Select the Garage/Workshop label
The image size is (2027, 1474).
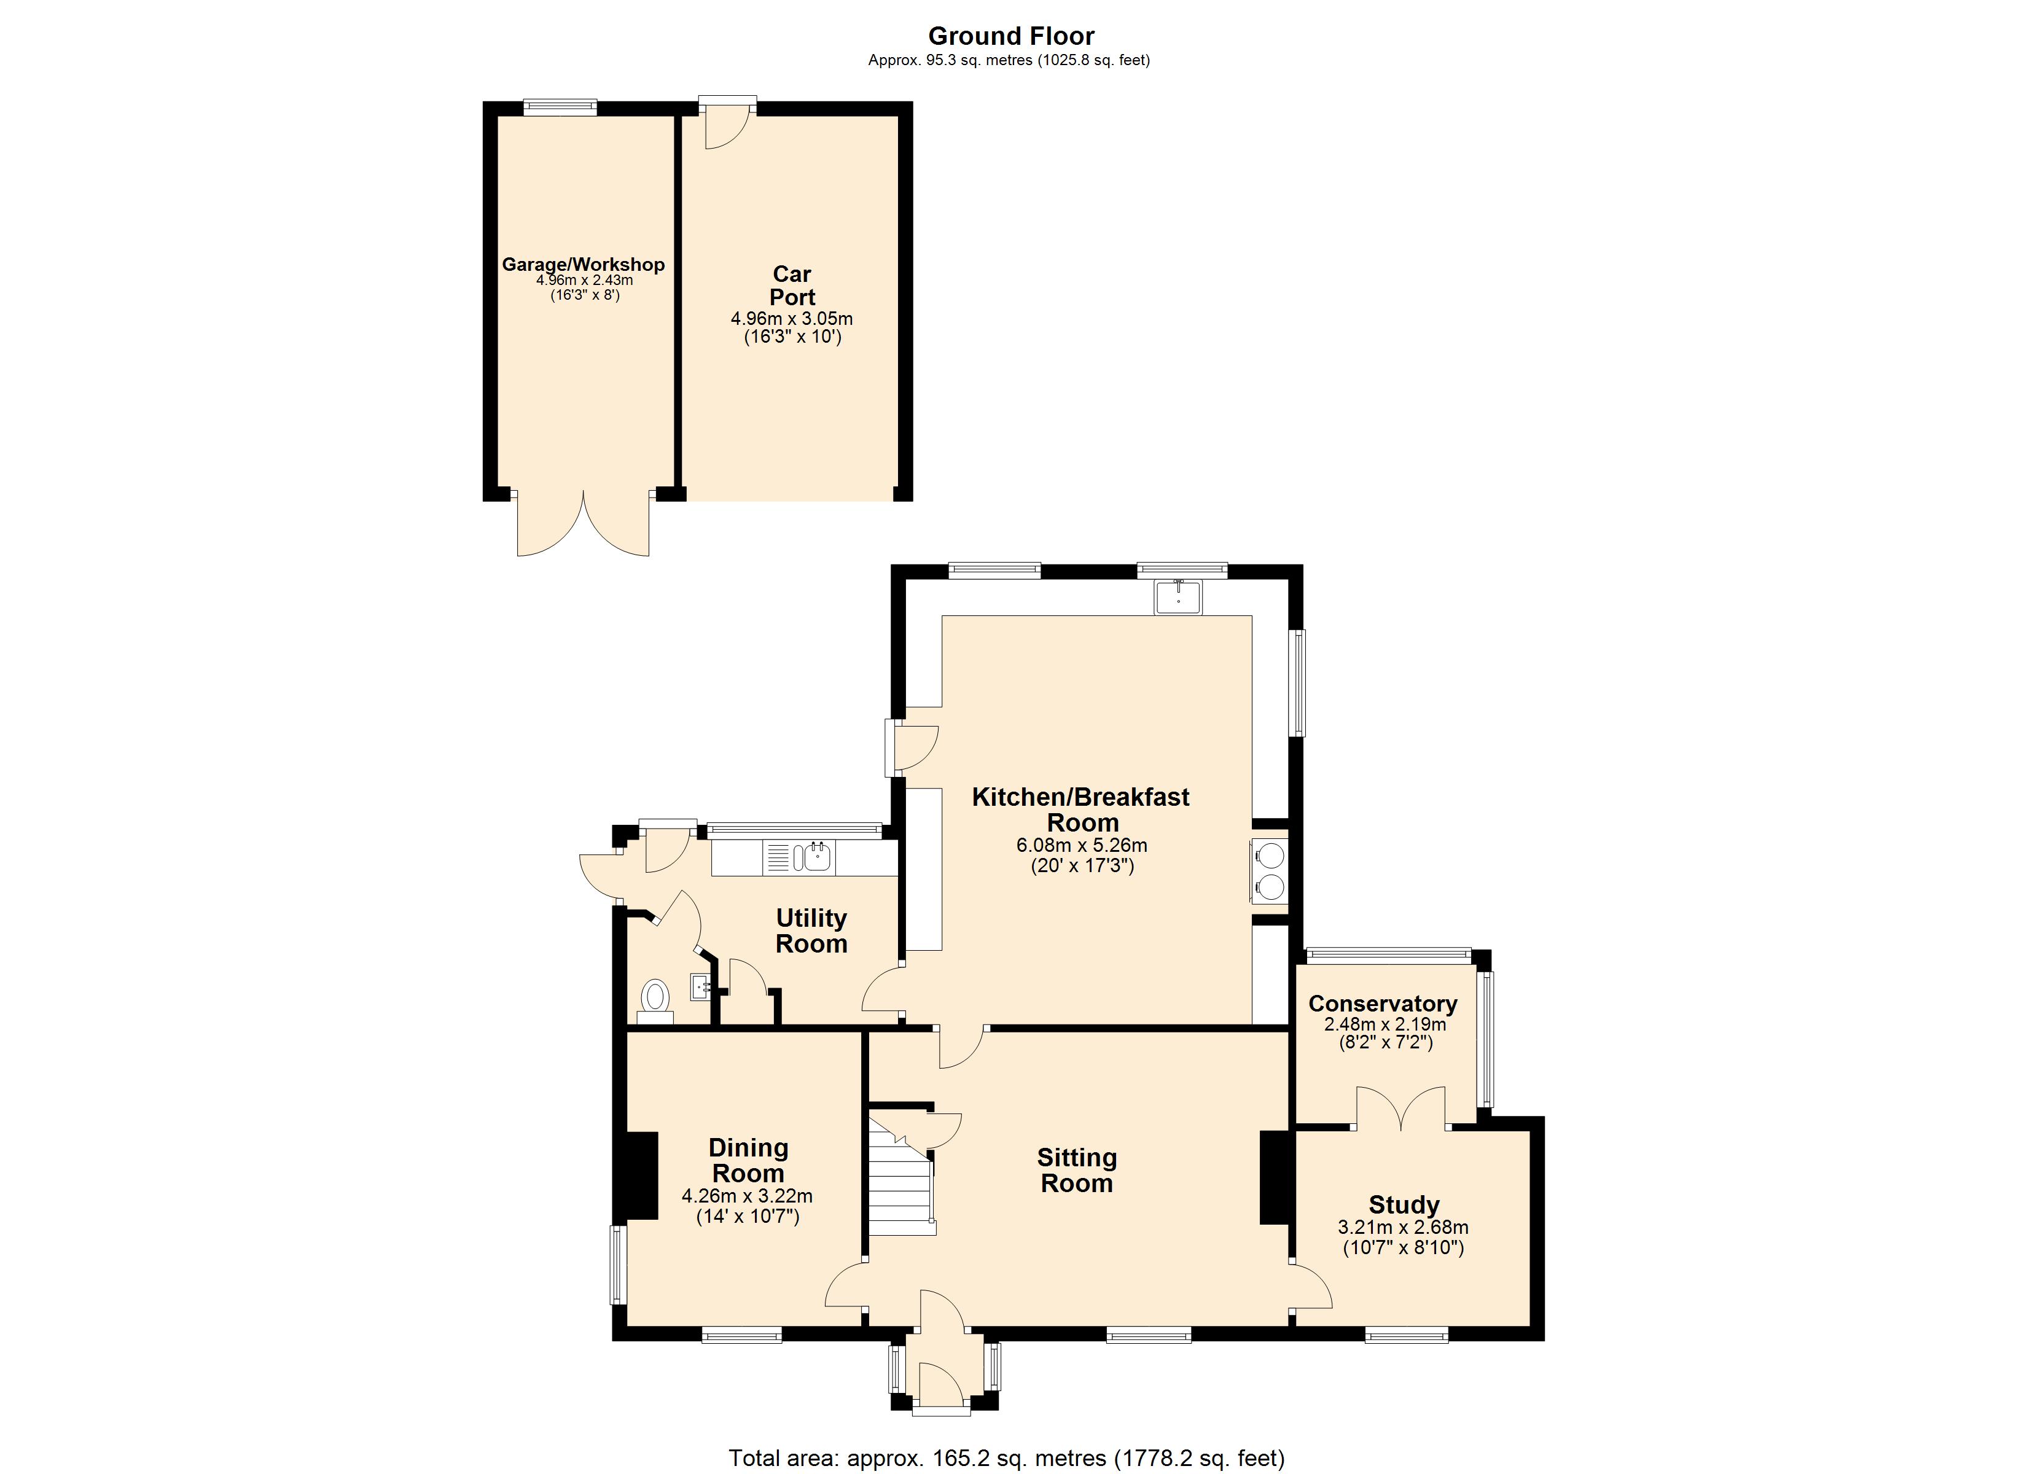[x=583, y=265]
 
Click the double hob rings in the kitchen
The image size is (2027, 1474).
[x=1270, y=872]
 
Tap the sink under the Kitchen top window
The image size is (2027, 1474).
[x=1178, y=596]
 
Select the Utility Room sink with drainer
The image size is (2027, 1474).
[x=797, y=858]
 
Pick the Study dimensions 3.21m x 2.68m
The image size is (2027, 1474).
[x=1402, y=1228]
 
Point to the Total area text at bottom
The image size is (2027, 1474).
[x=1006, y=1459]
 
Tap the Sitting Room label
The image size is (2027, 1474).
[x=1076, y=1170]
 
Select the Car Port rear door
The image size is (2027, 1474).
[x=725, y=125]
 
